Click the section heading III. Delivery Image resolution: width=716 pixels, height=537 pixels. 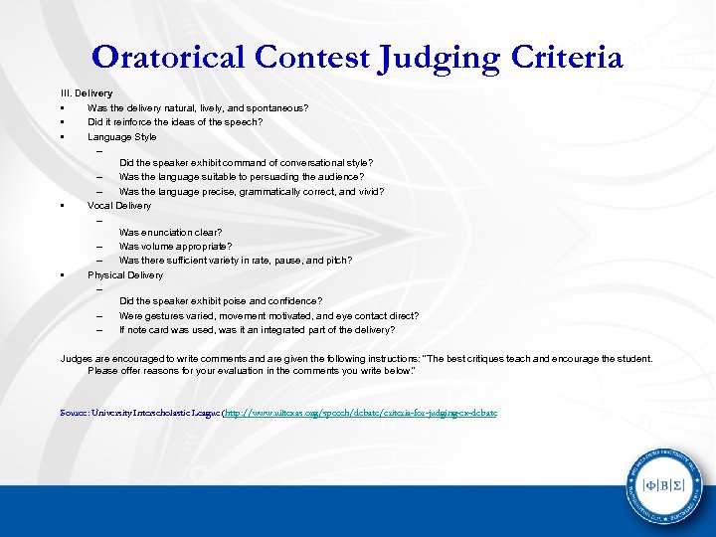click(x=87, y=92)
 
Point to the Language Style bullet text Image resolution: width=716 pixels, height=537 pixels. click(x=122, y=136)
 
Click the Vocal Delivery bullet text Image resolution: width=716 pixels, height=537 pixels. click(x=119, y=205)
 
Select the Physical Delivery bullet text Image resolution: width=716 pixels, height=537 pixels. click(x=125, y=274)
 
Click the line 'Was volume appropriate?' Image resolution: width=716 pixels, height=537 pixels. click(x=176, y=246)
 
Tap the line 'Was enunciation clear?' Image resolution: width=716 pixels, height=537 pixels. click(x=171, y=232)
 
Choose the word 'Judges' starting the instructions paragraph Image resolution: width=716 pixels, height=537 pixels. click(x=77, y=358)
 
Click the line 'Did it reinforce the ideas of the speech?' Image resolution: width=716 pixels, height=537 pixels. click(x=175, y=122)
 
